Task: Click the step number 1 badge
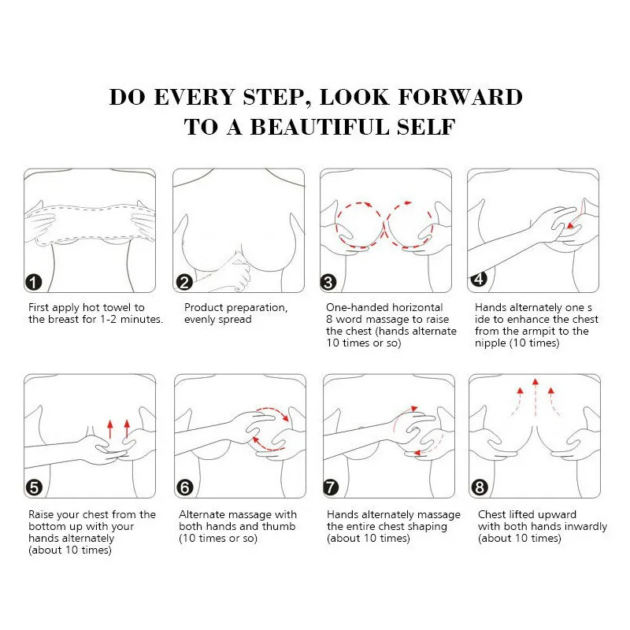pos(33,282)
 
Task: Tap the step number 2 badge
pos(184,282)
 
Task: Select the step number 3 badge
pos(328,282)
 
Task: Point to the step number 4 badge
pos(479,279)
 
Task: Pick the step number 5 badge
pos(34,487)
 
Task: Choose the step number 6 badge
pos(185,487)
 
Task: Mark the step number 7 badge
pos(331,487)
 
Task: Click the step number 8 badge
pos(480,487)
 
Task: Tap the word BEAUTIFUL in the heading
pos(320,127)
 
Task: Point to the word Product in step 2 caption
pos(203,307)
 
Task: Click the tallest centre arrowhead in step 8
pos(535,381)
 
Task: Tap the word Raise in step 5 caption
pos(41,515)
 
